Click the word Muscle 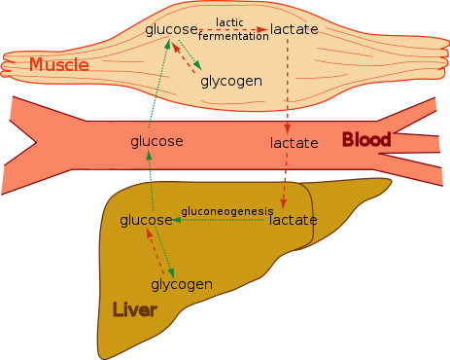pos(59,64)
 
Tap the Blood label pos(366,140)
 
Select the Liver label pos(135,309)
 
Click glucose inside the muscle pos(171,30)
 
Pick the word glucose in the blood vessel pos(156,142)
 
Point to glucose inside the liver pos(146,221)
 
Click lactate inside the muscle pos(294,29)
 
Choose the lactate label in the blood pos(294,143)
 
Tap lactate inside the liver pos(294,220)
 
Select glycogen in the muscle pos(231,82)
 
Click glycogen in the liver pos(182,285)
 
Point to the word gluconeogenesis pos(227,211)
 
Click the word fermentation pos(233,36)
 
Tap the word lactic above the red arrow pos(229,22)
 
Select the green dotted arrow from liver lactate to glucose pos(218,220)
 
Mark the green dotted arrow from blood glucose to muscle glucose pos(158,84)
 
